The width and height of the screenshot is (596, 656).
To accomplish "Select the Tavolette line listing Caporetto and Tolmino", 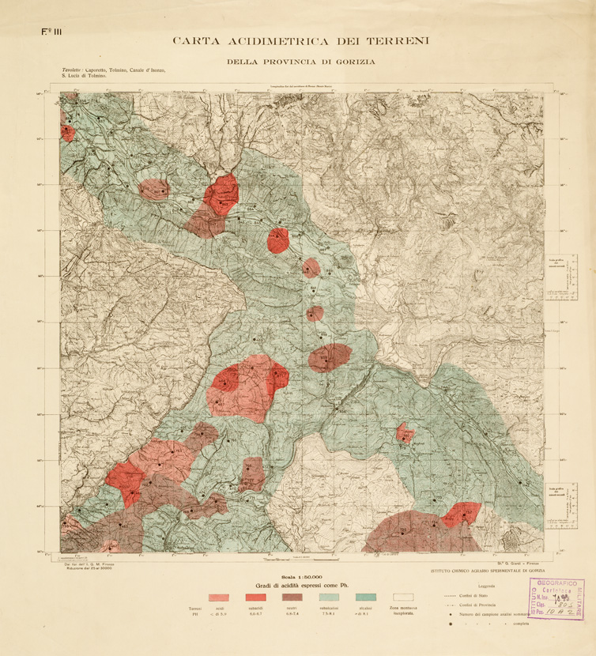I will (x=114, y=71).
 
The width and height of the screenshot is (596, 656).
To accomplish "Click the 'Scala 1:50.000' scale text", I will (x=297, y=578).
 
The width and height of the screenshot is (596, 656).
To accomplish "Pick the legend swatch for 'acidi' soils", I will (x=219, y=598).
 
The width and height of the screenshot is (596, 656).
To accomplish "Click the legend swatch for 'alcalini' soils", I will (x=366, y=598).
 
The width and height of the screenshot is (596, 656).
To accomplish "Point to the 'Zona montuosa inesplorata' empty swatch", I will (x=404, y=598).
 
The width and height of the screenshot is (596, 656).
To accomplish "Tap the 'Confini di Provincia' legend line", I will (x=476, y=604).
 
